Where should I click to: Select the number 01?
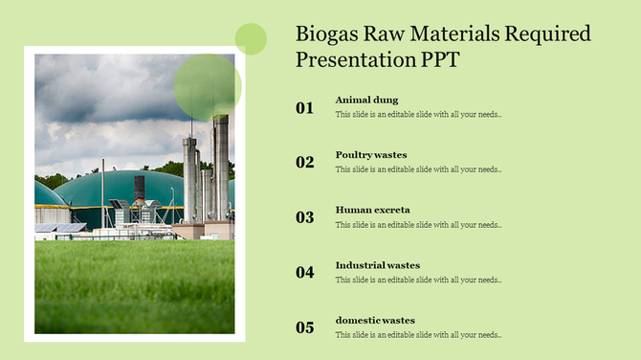(x=304, y=108)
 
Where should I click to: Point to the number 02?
(x=304, y=163)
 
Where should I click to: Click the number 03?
(x=304, y=217)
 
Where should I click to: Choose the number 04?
(x=304, y=273)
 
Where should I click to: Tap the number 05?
(x=304, y=327)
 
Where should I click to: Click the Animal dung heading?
(x=366, y=100)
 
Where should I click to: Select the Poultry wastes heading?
(x=371, y=154)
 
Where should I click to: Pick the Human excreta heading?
(x=372, y=210)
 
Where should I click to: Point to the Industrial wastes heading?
(x=377, y=265)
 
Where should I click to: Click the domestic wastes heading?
(x=375, y=320)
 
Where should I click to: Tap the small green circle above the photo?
(x=251, y=38)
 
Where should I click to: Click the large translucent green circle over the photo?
(x=207, y=87)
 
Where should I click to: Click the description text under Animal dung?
(x=418, y=115)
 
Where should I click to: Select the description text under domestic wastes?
(x=418, y=335)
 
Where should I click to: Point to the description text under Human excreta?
(x=418, y=225)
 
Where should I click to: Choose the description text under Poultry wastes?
(x=418, y=169)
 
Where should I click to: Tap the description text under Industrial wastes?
(x=418, y=281)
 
